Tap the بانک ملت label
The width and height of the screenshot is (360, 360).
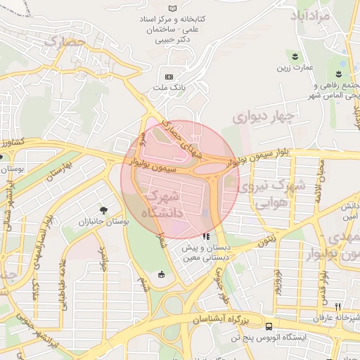pyautogui.click(x=168, y=88)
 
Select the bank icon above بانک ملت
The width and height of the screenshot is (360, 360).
pyautogui.click(x=168, y=76)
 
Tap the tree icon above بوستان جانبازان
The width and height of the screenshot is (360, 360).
pyautogui.click(x=104, y=210)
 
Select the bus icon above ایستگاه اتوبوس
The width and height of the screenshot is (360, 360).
pyautogui.click(x=269, y=326)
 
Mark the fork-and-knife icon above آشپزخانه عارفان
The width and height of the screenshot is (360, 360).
pyautogui.click(x=337, y=306)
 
